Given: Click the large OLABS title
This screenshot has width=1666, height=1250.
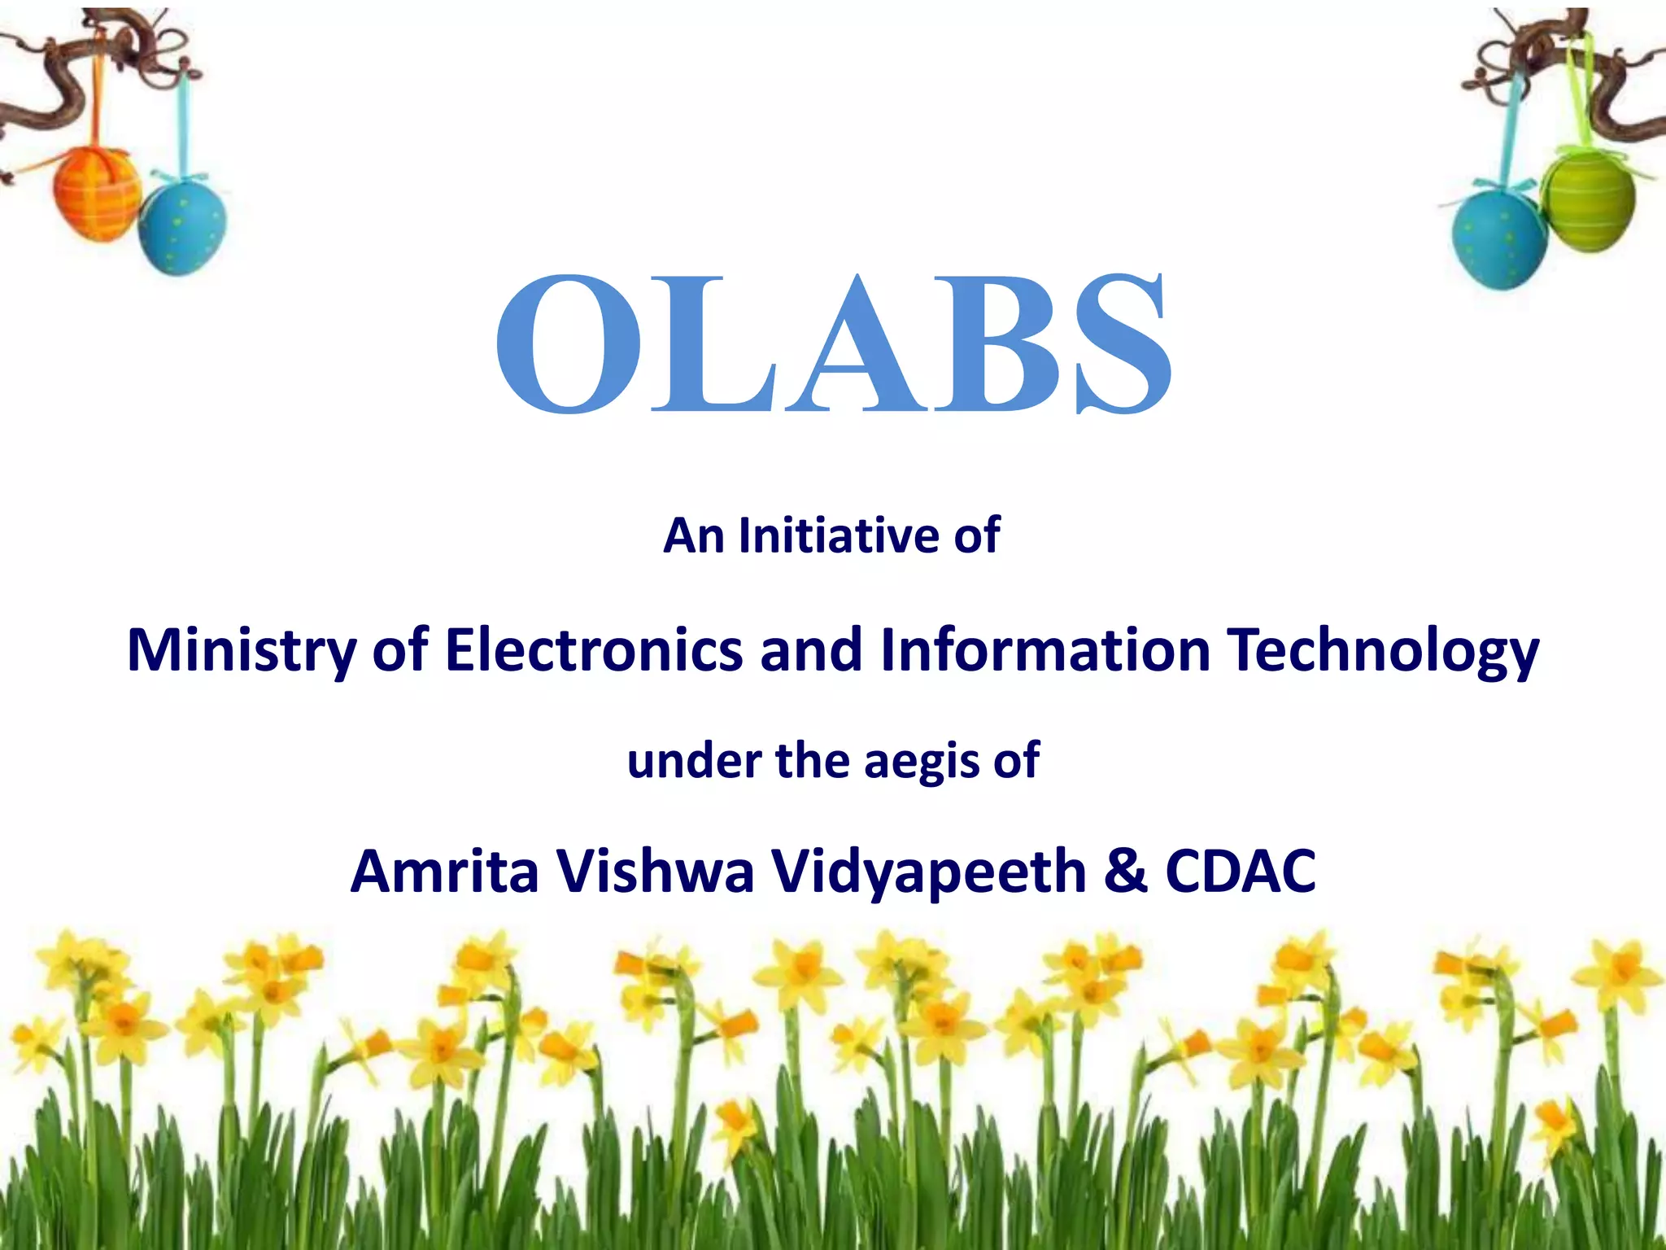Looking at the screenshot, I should pos(833,343).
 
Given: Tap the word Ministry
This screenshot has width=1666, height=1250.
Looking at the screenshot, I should pos(241,651).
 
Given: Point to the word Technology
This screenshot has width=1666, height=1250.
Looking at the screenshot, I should pos(1383,651).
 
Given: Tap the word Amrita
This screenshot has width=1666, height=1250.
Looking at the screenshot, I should pos(444,871).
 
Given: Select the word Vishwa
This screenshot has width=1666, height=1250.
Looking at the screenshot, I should pos(656,871).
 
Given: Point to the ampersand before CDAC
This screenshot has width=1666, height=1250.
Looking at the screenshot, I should pos(1126,871).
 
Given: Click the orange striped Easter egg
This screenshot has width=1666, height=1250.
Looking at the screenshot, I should pos(96,194).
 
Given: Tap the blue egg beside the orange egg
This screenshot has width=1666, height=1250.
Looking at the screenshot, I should pos(182,226).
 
